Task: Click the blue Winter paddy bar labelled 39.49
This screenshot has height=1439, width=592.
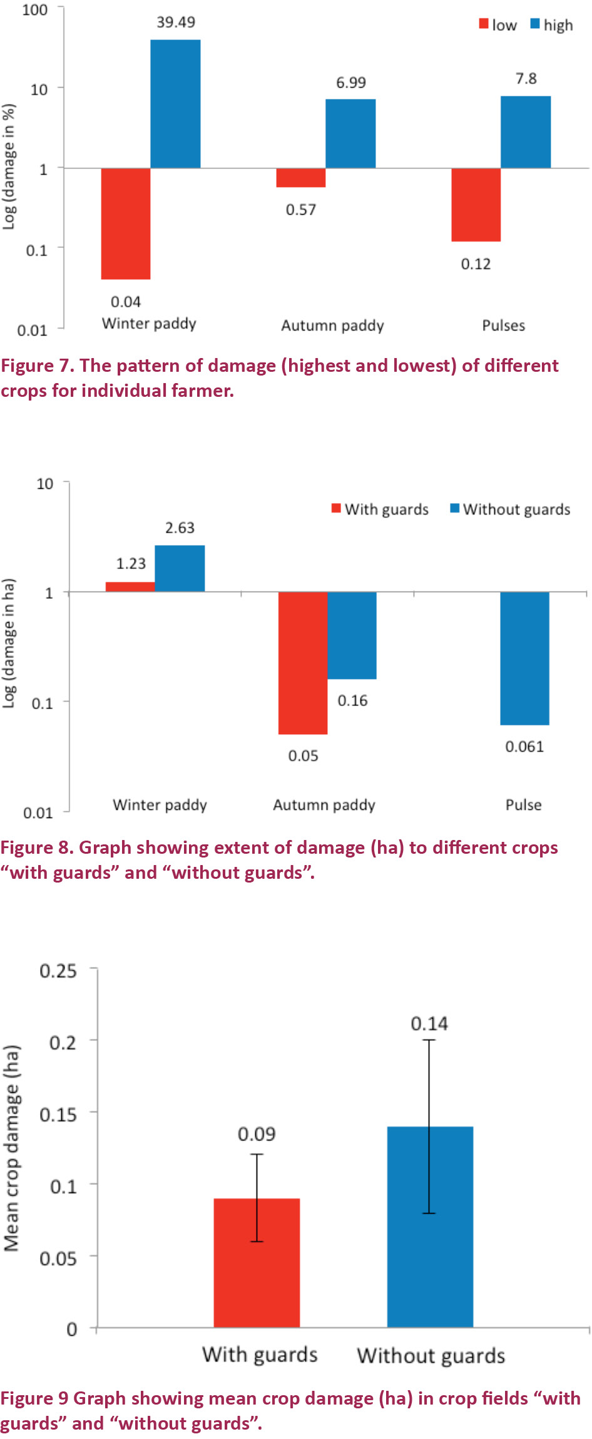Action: coord(175,103)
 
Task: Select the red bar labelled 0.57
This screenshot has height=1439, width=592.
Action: coord(301,178)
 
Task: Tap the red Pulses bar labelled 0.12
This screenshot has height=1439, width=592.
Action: coord(476,205)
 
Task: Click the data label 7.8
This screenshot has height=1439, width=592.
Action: coord(526,79)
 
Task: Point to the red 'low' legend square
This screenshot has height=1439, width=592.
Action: coord(484,24)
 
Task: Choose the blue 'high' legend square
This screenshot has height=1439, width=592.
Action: coord(535,24)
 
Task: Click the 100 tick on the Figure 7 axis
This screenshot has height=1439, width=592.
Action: coord(35,10)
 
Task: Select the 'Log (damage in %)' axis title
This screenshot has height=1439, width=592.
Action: coord(9,167)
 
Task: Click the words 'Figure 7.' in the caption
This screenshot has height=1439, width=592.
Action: coord(36,366)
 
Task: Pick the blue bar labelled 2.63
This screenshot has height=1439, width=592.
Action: coord(180,568)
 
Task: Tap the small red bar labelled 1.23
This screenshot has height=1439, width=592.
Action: coord(130,586)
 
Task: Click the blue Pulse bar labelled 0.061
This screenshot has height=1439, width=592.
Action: coord(524,658)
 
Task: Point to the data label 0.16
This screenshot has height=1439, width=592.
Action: coord(352,700)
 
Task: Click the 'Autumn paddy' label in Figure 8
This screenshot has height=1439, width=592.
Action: coord(324,805)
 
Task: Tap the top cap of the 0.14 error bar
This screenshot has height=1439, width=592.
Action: coord(429,1040)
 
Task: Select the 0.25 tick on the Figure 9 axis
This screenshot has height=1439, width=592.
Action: coord(58,971)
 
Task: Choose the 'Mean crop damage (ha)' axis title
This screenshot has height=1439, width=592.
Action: coord(11,1149)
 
